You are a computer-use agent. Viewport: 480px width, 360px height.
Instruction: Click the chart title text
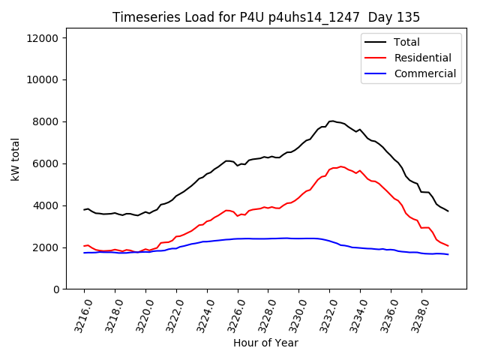(266, 17)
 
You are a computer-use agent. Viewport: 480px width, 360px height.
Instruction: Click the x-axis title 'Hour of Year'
(266, 343)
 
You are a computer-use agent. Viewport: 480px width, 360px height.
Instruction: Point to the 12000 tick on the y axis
(46, 37)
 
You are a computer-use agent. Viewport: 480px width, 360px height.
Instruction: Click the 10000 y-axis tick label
(46, 79)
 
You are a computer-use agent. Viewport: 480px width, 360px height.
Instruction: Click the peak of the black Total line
(331, 120)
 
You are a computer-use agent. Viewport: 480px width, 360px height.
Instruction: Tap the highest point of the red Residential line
(340, 166)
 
